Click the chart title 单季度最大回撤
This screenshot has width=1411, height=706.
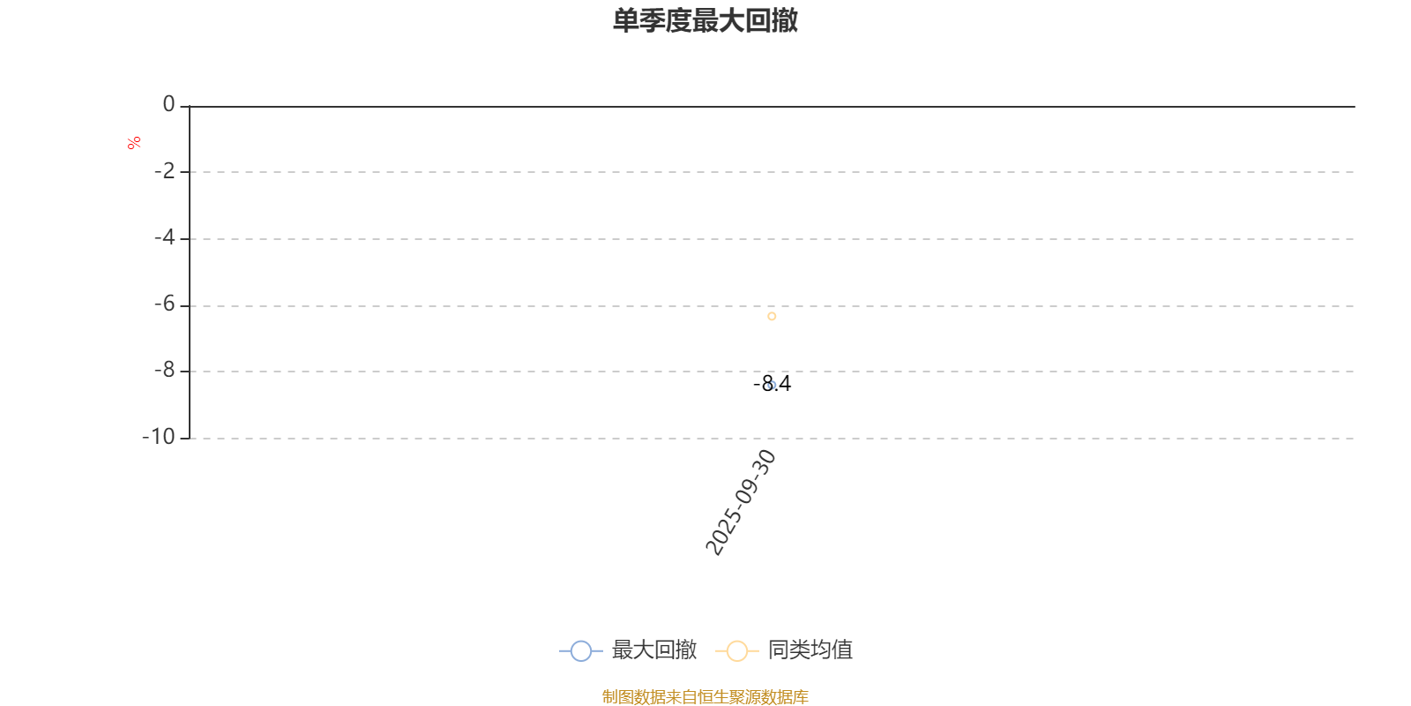click(705, 20)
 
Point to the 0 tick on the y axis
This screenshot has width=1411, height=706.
click(168, 105)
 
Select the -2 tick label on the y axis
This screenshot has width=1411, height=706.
click(165, 171)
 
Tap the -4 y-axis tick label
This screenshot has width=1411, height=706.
click(165, 237)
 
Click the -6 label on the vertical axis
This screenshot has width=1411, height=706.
click(165, 304)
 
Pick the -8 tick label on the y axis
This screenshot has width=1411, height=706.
click(165, 371)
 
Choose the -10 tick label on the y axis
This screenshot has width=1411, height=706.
click(160, 437)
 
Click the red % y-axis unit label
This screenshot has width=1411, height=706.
click(134, 143)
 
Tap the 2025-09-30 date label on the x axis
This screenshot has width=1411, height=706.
click(741, 502)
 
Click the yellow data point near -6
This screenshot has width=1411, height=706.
click(772, 316)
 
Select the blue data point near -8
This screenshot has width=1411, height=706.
click(772, 386)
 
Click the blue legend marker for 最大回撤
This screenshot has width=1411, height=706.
click(580, 651)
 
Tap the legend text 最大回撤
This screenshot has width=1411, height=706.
click(654, 650)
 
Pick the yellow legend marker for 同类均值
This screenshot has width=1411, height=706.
click(736, 651)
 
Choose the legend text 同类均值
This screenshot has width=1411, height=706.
click(810, 650)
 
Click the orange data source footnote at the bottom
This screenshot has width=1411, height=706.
click(705, 697)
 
